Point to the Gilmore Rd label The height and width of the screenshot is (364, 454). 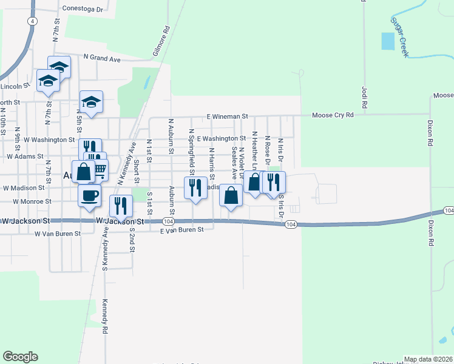(161, 41)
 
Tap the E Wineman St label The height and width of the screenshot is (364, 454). (228, 116)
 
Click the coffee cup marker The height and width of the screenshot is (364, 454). (90, 195)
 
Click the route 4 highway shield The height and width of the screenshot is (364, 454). (30, 21)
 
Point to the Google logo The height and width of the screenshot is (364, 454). (20, 357)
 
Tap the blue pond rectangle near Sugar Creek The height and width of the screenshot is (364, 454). (387, 41)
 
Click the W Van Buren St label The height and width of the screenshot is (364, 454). (58, 234)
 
